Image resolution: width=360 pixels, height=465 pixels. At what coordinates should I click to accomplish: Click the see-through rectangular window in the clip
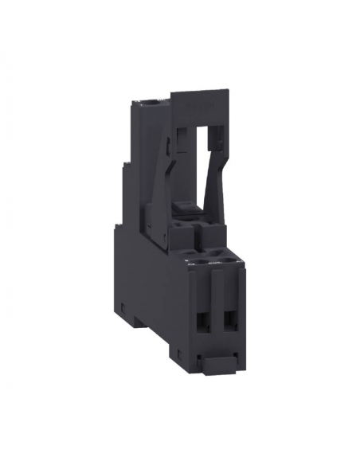tap(204, 151)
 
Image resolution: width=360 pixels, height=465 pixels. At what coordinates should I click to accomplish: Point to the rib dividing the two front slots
tap(217, 315)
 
